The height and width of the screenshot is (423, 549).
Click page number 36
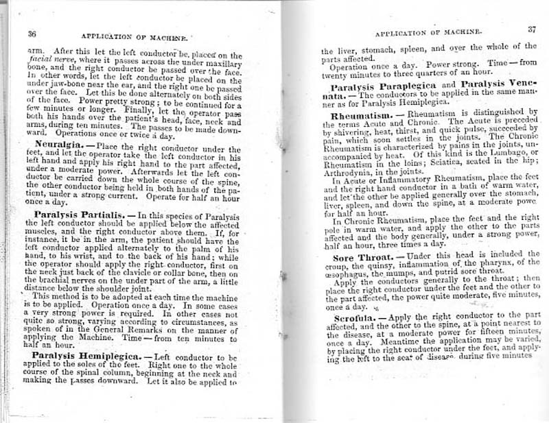(32, 34)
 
